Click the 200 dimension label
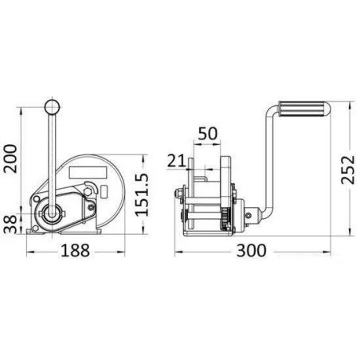(x=11, y=158)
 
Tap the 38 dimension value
(x=11, y=225)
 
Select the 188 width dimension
(x=76, y=250)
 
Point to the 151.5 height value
(x=142, y=195)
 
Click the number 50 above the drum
(x=208, y=134)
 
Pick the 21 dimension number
(x=176, y=161)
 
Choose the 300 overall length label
(x=251, y=250)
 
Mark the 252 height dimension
(x=348, y=170)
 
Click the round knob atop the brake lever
(x=52, y=108)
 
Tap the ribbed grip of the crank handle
(x=303, y=109)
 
